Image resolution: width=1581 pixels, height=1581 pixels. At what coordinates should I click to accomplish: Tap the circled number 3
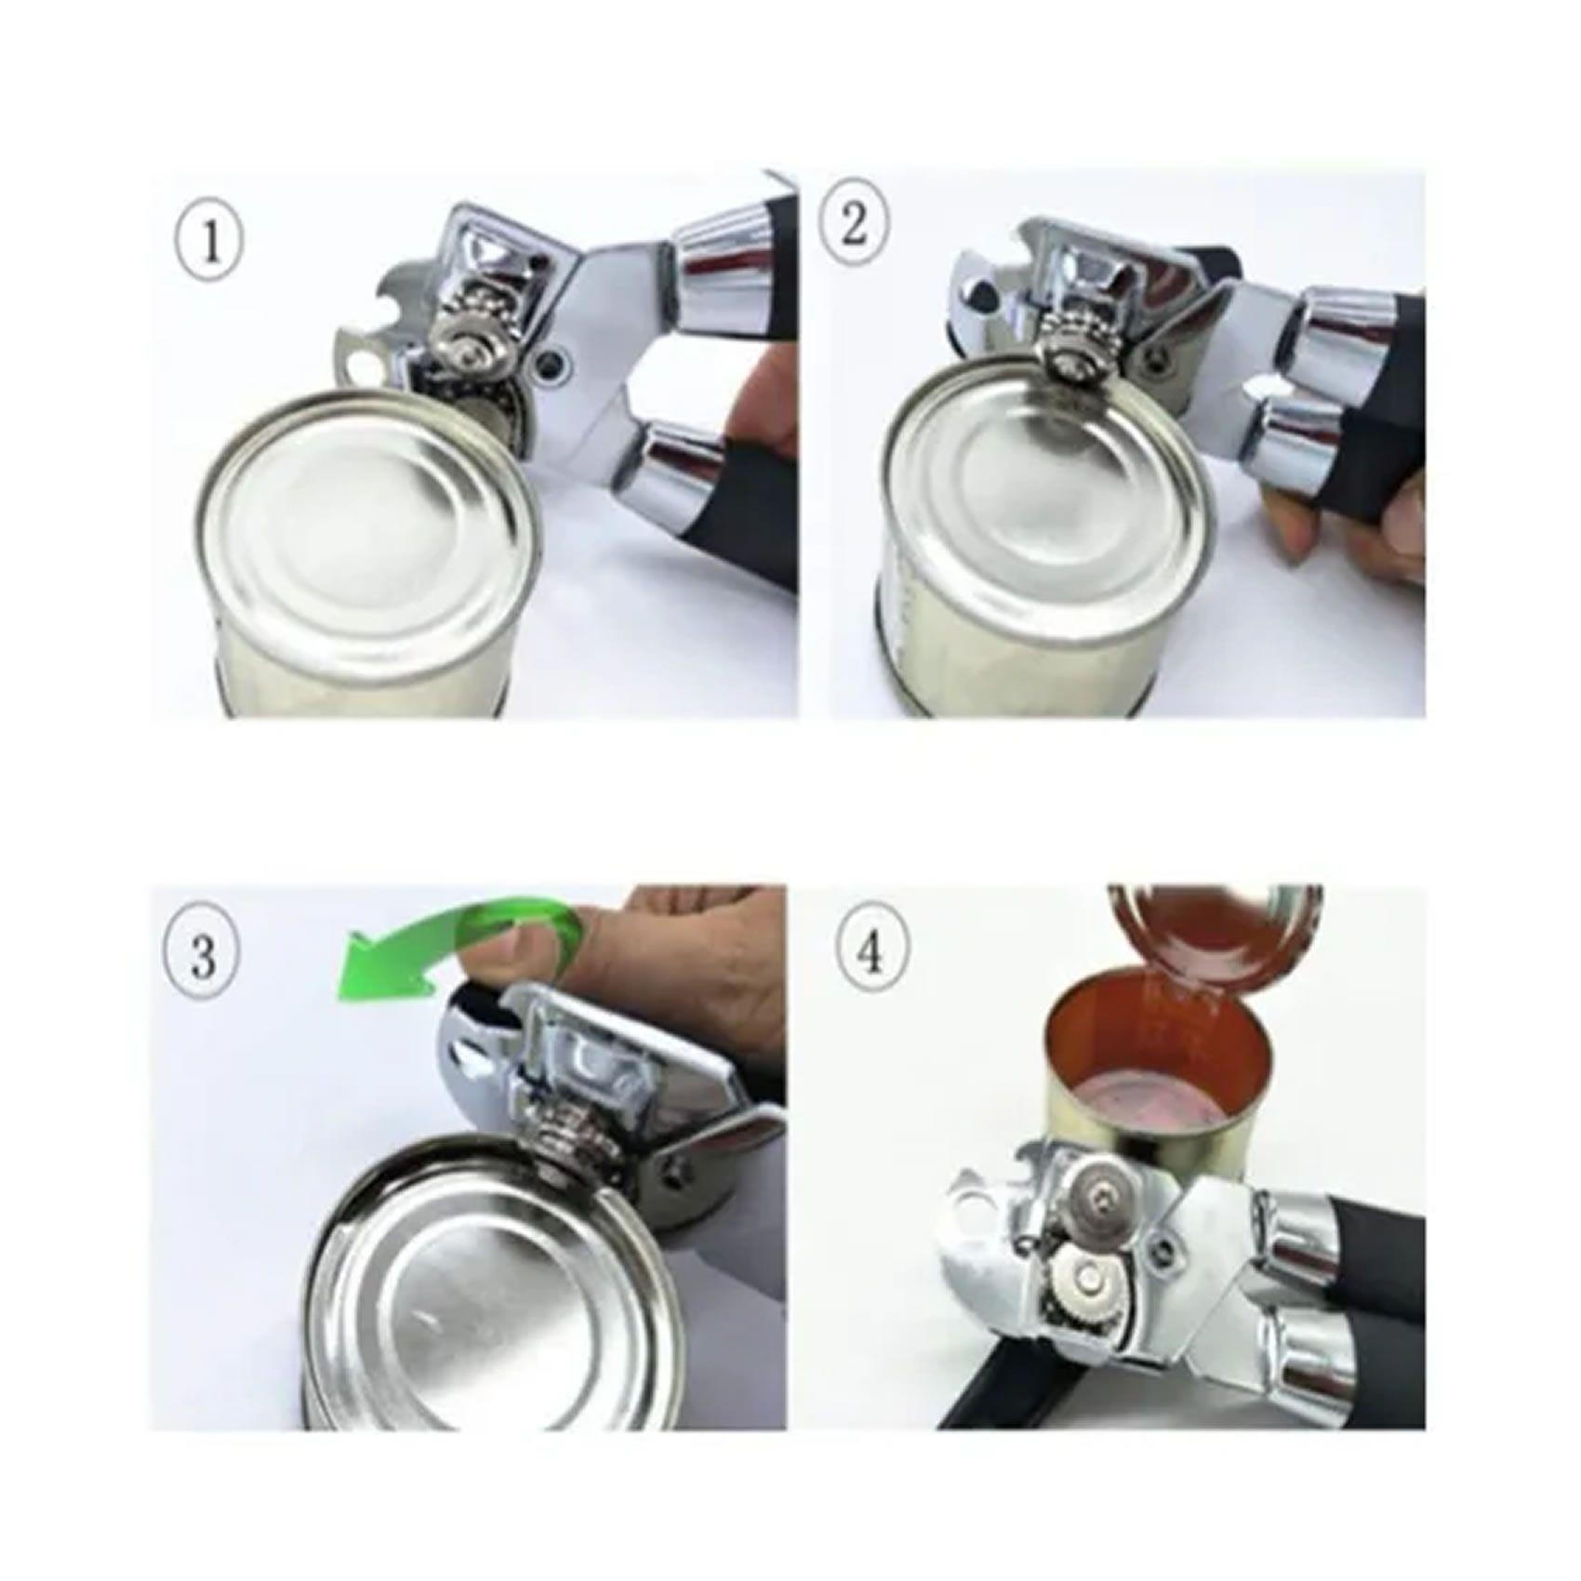click(x=203, y=954)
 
